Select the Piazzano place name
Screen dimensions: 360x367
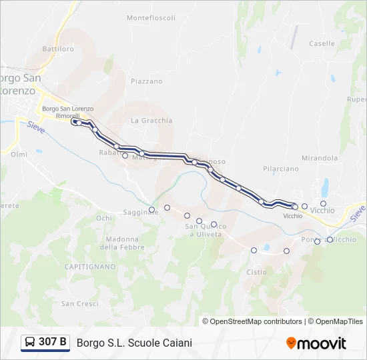(147, 81)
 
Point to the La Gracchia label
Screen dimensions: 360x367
(151, 121)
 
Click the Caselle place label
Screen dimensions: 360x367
(322, 43)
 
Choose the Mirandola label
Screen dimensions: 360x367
(320, 158)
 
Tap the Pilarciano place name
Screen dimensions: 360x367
(281, 169)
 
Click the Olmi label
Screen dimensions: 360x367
(19, 154)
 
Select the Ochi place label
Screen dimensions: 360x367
(104, 218)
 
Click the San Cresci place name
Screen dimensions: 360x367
(79, 303)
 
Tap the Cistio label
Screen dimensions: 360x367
(256, 272)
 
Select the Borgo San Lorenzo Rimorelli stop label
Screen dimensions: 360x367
(67, 112)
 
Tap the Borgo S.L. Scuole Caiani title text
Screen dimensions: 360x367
(134, 343)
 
